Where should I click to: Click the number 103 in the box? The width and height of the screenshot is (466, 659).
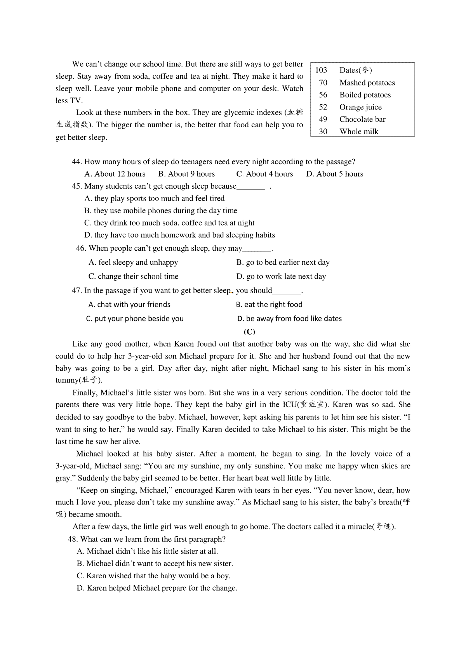(321, 70)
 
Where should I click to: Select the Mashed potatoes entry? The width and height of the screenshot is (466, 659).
(367, 83)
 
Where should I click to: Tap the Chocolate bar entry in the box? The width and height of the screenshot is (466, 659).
(362, 119)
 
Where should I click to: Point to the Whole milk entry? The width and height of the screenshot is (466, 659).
(359, 132)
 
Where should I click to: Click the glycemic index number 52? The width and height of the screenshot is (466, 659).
(323, 107)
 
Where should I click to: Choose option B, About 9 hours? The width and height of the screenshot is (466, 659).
(186, 174)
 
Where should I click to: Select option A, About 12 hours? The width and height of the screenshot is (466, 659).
(115, 174)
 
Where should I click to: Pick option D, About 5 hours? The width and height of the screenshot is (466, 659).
(335, 174)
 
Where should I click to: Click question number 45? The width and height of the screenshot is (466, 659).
(77, 186)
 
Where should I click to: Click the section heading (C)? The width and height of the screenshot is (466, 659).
(249, 331)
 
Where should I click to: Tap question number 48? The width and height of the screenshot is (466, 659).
(73, 539)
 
